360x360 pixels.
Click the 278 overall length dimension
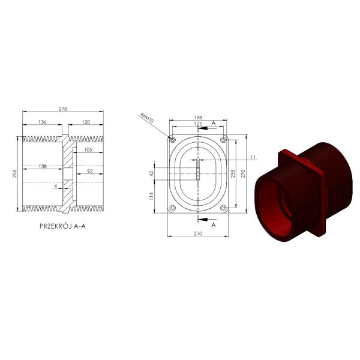point(62,109)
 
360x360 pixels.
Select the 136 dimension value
point(42,122)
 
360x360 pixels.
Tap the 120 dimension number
point(86,122)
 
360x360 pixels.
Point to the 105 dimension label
point(88,149)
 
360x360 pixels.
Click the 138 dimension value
point(43,166)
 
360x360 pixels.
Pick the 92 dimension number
point(90,171)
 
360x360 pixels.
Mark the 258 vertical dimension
point(14,173)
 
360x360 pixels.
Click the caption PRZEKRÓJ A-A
point(62,226)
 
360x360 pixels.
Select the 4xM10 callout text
point(147,118)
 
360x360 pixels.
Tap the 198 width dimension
point(198,118)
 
